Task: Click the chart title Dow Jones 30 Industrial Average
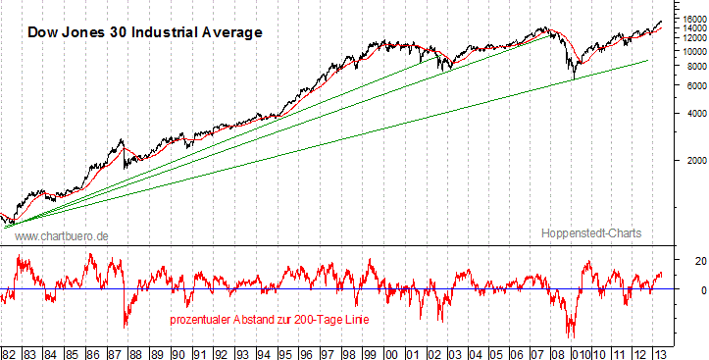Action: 144,32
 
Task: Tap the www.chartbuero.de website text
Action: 62,236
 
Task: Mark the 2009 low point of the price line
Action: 573,77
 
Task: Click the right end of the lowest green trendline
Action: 648,61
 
